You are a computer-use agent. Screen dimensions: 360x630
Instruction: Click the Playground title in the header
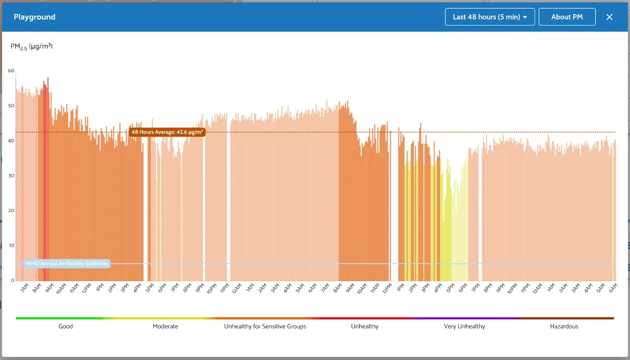click(x=35, y=17)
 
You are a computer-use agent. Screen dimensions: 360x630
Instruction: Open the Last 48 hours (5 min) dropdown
click(x=489, y=17)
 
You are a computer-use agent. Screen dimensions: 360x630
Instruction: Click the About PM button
click(x=567, y=17)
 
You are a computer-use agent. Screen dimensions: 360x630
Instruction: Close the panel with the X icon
click(x=609, y=17)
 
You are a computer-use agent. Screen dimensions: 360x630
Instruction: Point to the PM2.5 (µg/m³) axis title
click(x=31, y=46)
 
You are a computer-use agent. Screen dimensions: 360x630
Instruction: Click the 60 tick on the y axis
click(x=11, y=71)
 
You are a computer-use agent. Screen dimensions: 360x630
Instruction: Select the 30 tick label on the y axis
click(x=11, y=176)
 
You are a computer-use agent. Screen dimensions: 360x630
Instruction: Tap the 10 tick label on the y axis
click(x=11, y=245)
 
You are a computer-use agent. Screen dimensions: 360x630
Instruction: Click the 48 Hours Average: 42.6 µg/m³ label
click(x=167, y=132)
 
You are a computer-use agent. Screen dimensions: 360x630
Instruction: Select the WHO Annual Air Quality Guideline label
click(x=67, y=264)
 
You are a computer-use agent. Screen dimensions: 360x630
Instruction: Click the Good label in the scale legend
click(x=65, y=326)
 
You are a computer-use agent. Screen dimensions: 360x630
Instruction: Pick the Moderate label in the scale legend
click(x=165, y=326)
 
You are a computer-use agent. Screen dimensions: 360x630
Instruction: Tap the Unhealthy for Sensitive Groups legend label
click(x=265, y=326)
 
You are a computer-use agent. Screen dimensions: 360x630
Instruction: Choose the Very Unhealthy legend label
click(x=464, y=326)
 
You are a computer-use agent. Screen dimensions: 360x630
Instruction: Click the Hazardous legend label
click(x=564, y=326)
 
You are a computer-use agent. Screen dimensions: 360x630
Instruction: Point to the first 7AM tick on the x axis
click(x=24, y=288)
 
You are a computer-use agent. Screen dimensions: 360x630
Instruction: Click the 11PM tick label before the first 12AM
click(x=224, y=288)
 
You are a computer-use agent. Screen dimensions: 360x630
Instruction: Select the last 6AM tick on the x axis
click(x=613, y=288)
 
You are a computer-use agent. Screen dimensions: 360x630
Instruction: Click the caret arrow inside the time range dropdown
click(x=525, y=17)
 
